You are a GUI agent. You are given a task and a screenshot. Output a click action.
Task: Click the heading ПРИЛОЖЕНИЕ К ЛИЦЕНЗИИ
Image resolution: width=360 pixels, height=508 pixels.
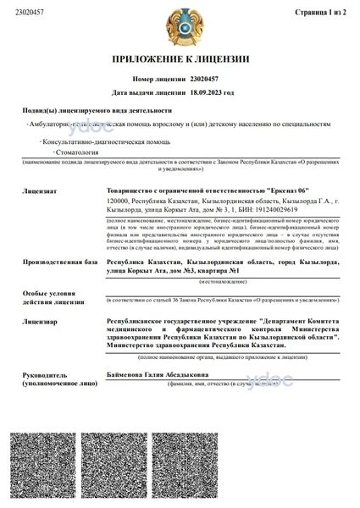coord(180,60)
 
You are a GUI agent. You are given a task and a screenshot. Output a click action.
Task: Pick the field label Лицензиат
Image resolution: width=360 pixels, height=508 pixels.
coord(42,180)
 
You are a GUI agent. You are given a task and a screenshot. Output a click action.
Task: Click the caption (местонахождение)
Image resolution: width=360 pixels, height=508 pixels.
coord(222,257)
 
